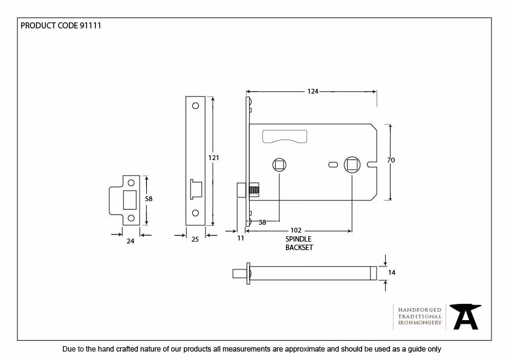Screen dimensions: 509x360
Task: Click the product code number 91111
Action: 90,25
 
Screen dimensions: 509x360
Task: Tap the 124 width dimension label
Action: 313,91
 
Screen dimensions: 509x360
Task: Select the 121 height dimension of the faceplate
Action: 213,158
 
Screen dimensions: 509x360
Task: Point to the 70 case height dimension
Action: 391,160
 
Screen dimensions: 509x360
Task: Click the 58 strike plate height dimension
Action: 149,199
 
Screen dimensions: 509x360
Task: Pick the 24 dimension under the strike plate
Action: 131,241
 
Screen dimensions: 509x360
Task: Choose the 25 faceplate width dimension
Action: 195,239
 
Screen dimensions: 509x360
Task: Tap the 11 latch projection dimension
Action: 241,238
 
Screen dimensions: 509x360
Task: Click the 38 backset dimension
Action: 262,222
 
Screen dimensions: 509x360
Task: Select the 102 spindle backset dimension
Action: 296,230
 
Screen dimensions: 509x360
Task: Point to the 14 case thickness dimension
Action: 392,272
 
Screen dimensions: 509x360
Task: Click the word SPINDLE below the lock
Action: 298,239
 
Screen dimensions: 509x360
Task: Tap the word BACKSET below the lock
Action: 299,248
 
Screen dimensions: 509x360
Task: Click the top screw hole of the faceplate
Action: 195,106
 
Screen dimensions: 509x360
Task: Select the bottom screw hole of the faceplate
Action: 195,213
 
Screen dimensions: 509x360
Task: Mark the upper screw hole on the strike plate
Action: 131,183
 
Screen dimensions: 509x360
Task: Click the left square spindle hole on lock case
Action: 279,165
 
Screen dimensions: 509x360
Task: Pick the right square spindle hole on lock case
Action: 352,165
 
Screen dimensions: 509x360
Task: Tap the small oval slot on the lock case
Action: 333,165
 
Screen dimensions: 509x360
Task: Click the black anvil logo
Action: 465,317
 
